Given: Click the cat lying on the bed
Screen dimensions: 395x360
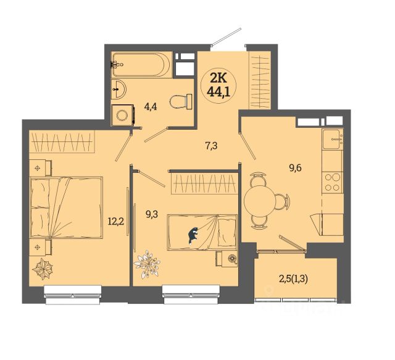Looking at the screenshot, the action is (x=193, y=235).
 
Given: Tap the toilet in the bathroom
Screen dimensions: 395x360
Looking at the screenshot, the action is (x=181, y=102).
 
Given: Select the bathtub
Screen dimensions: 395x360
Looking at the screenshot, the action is (x=141, y=64).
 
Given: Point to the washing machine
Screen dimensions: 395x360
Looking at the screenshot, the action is (x=122, y=115).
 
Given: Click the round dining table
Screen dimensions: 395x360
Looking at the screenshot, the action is (x=259, y=201).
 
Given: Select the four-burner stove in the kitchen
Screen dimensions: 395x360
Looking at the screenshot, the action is (x=332, y=183).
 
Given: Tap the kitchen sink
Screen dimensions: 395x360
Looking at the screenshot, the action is (x=333, y=139).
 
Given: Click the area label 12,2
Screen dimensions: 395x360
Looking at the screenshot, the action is (x=116, y=222).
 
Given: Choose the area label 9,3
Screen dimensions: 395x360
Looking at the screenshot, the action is (x=152, y=214).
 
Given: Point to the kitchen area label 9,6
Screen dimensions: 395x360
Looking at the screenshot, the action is (x=295, y=167).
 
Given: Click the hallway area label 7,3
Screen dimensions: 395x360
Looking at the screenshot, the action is (x=211, y=146).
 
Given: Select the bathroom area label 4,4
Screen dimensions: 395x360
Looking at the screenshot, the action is (x=151, y=107).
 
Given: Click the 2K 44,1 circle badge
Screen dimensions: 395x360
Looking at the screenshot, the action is (x=218, y=86).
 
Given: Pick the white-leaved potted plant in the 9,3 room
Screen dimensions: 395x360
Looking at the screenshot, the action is (x=147, y=264).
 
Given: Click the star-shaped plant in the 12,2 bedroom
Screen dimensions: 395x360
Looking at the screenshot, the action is (x=43, y=269).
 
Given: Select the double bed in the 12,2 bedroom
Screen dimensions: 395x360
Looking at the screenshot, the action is (x=67, y=207).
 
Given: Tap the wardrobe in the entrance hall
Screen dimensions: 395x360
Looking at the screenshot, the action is (x=260, y=80).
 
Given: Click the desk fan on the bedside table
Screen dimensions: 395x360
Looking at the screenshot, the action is (x=232, y=259).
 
